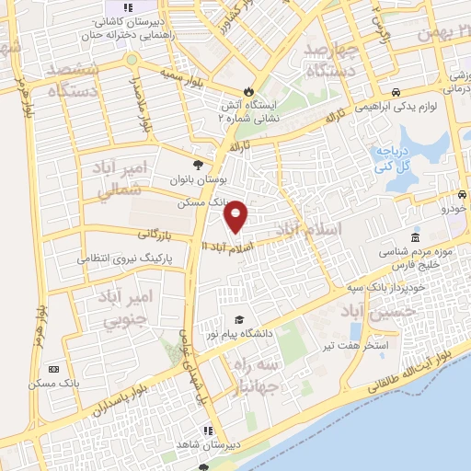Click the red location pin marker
click(236, 216)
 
